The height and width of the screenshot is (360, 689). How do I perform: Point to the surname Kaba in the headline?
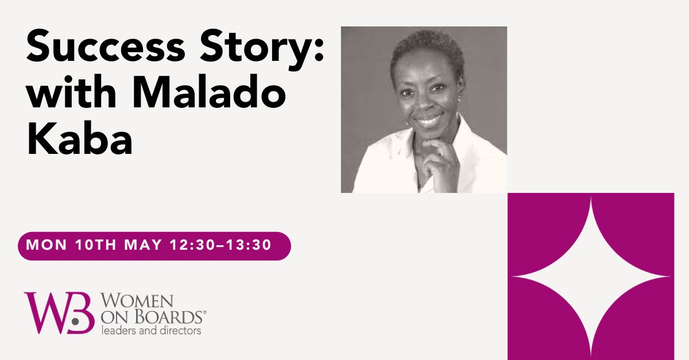80,142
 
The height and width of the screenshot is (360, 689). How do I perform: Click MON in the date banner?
47,246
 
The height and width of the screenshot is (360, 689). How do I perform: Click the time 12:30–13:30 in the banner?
220,246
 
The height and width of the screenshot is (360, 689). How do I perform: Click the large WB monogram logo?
59,313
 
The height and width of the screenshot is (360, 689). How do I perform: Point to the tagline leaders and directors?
151,331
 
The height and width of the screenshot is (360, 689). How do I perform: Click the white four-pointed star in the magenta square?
591,276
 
